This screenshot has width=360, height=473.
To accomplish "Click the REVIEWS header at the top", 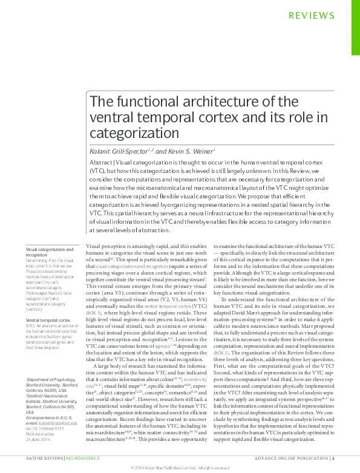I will point(312,16).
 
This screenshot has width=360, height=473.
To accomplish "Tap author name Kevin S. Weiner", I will point(183,151).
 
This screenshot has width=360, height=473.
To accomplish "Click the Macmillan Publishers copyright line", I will point(180,468).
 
